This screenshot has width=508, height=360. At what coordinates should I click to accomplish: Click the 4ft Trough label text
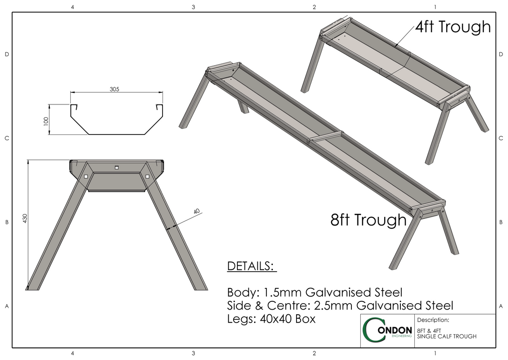(453, 27)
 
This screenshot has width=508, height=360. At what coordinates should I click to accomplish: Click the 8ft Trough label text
(368, 220)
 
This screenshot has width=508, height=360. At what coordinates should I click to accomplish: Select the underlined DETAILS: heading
(251, 267)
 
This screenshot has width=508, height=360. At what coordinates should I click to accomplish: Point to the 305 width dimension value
(115, 89)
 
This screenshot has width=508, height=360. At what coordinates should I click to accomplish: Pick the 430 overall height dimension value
(25, 219)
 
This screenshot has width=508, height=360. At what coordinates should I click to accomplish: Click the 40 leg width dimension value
(197, 212)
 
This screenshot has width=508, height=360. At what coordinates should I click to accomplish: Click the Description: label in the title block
(433, 320)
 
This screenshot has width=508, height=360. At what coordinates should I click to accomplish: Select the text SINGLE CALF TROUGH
(446, 336)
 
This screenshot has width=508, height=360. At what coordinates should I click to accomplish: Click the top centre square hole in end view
(117, 167)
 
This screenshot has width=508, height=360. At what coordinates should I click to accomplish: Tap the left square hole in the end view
(86, 176)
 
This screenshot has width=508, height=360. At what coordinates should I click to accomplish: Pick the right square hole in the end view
(147, 176)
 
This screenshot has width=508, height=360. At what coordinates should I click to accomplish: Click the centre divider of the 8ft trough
(326, 136)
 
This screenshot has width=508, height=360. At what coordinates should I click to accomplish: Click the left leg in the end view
(58, 231)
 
